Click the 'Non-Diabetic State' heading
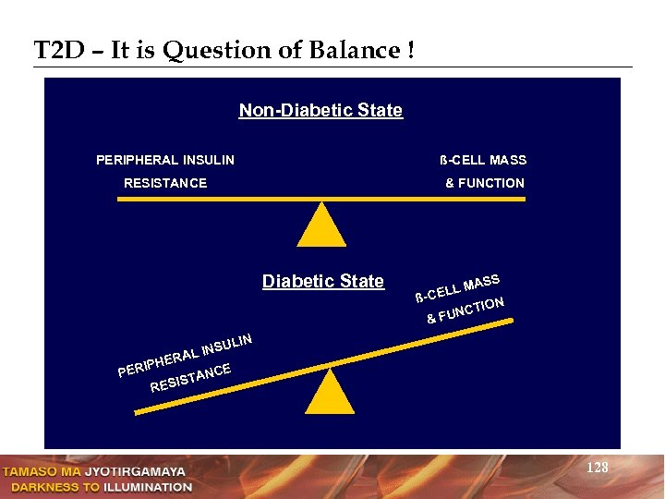tap(320, 111)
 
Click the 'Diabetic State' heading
tap(322, 282)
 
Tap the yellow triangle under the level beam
tap(321, 225)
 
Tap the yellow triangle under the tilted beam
tap(330, 394)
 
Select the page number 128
tap(598, 469)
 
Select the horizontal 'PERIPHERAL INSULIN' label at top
tap(165, 160)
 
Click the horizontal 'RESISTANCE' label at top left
tap(165, 183)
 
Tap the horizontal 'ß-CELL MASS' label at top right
tap(483, 160)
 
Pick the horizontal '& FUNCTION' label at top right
tap(484, 183)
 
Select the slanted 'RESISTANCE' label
tap(190, 378)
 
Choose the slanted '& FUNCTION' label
tap(465, 311)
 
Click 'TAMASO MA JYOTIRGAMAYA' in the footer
tap(95, 471)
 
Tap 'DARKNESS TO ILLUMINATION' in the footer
tap(98, 486)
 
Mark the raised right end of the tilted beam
tap(511, 322)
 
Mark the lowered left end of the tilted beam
tap(139, 413)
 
